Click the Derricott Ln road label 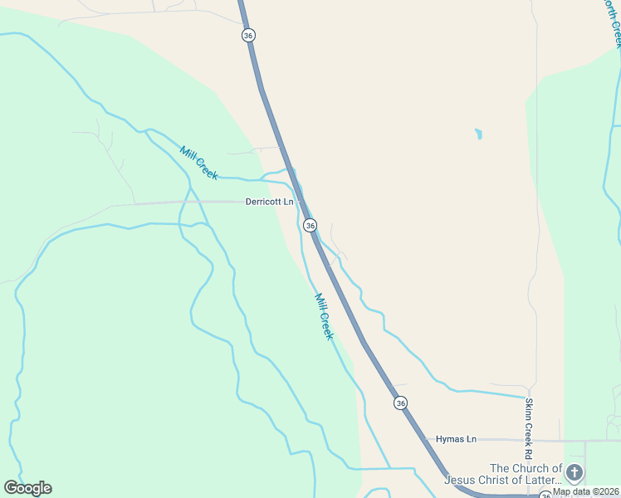269,202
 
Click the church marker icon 574,473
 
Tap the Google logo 27,488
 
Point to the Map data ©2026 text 586,491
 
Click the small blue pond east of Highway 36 477,133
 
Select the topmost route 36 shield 248,35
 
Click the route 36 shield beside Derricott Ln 310,225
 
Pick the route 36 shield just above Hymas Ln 401,403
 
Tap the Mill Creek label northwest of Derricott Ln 199,163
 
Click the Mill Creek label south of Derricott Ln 324,316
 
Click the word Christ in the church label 501,480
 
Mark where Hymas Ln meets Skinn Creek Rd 529,440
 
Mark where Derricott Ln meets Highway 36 301,203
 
